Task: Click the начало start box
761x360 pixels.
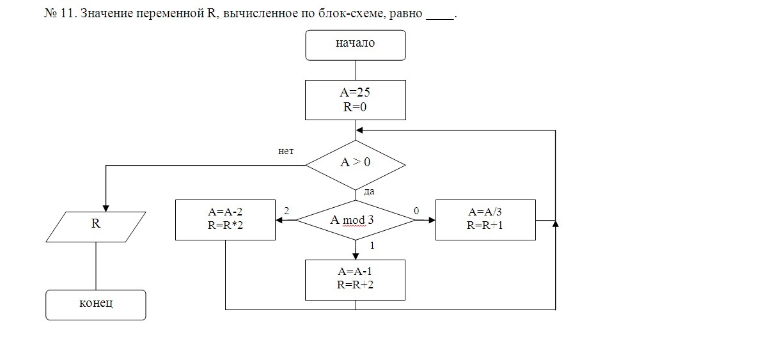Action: (x=356, y=45)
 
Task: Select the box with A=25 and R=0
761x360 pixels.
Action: (x=356, y=100)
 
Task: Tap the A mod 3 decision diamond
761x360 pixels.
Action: (x=356, y=220)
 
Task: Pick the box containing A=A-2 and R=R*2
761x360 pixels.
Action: (x=225, y=220)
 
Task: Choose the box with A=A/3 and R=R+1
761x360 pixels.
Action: (x=485, y=220)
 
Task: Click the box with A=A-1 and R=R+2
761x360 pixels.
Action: (x=356, y=279)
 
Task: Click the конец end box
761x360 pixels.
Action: (x=96, y=304)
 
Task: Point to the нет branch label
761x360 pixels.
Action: (x=286, y=152)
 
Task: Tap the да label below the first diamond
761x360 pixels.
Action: (x=368, y=191)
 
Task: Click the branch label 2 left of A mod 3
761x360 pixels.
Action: (x=286, y=210)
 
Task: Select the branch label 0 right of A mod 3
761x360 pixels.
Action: (x=416, y=210)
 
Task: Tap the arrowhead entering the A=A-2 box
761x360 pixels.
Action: (x=280, y=220)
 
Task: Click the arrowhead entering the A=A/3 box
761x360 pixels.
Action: (x=431, y=220)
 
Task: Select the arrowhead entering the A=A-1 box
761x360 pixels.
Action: (x=356, y=256)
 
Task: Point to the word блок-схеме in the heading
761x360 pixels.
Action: (x=349, y=13)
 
